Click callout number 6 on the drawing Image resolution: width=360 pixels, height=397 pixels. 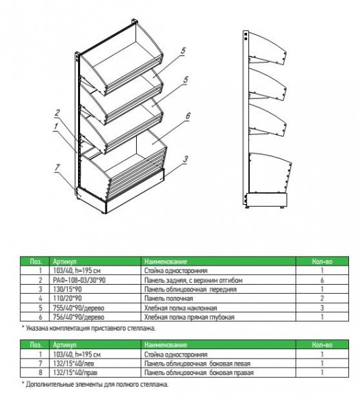(x=188, y=116)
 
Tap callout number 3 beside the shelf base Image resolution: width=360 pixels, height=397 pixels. (x=185, y=159)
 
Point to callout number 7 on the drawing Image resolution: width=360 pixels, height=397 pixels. (x=57, y=168)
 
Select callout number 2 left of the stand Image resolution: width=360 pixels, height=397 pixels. (x=57, y=113)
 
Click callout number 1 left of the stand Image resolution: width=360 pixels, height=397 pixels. (x=56, y=127)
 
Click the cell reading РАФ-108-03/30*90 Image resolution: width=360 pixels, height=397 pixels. (x=79, y=280)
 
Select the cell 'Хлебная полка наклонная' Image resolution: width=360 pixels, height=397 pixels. (x=181, y=308)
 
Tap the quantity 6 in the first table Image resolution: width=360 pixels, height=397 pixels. (x=322, y=280)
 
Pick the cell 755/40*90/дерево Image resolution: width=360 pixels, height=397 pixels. (x=79, y=308)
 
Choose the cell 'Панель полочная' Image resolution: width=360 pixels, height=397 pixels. (x=168, y=298)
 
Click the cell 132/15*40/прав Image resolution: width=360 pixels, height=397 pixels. (x=75, y=372)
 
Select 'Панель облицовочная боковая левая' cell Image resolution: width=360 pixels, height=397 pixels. (x=197, y=363)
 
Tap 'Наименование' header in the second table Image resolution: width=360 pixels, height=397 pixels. (x=166, y=345)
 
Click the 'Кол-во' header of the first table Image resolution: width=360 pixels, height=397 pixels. (x=322, y=261)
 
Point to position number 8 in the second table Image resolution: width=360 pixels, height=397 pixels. (x=40, y=372)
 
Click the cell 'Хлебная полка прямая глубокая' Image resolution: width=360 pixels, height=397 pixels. (x=190, y=317)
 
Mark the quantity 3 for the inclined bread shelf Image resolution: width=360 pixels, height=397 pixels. (x=322, y=308)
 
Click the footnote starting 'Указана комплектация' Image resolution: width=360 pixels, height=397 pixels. (x=88, y=328)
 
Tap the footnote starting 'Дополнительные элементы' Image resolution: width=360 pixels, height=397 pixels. (x=95, y=385)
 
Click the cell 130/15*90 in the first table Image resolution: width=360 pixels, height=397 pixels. (x=67, y=289)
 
